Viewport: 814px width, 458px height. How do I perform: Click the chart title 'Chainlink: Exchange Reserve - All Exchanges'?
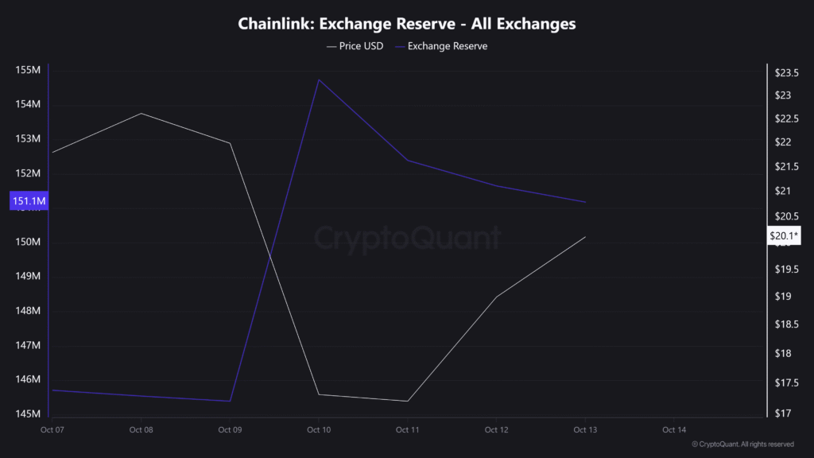(x=407, y=24)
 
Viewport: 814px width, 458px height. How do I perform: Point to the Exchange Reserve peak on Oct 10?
(x=319, y=80)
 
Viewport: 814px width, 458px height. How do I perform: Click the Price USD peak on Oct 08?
(x=141, y=114)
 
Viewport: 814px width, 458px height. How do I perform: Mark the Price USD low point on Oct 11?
(x=408, y=401)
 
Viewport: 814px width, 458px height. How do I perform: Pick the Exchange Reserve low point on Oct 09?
(x=230, y=401)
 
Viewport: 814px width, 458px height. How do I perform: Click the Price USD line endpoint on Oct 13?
(x=586, y=237)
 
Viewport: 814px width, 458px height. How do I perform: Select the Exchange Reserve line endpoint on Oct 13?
(x=586, y=202)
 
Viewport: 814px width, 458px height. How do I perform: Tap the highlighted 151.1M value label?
(x=28, y=202)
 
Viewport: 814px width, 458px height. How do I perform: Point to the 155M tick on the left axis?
(x=28, y=71)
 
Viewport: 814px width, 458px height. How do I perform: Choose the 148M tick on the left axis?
(x=28, y=311)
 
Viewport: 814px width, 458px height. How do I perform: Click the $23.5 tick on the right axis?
(x=786, y=74)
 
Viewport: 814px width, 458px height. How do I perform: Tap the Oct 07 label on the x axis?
(x=52, y=430)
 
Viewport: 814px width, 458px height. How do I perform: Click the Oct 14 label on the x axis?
(x=674, y=430)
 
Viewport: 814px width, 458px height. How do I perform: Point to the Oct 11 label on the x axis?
(x=408, y=430)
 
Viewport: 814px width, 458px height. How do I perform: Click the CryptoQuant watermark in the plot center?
(x=407, y=238)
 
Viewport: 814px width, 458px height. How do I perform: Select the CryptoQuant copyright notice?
(x=742, y=444)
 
